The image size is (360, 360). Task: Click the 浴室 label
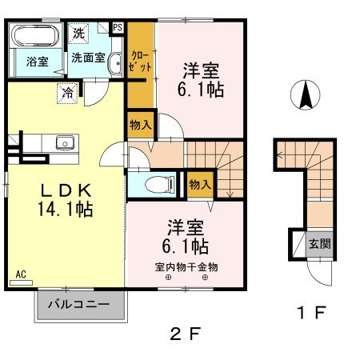pyautogui.click(x=35, y=61)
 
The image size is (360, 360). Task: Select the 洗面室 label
pyautogui.click(x=87, y=58)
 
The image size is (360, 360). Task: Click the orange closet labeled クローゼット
pyautogui.click(x=140, y=62)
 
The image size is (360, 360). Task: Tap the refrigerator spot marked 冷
pyautogui.click(x=68, y=94)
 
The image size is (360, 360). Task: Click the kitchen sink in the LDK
pyautogui.click(x=64, y=144)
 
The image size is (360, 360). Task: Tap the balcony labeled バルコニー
pyautogui.click(x=79, y=305)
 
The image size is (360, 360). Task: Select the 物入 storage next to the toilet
pyautogui.click(x=199, y=184)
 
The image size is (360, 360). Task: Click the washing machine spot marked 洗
pyautogui.click(x=78, y=34)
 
